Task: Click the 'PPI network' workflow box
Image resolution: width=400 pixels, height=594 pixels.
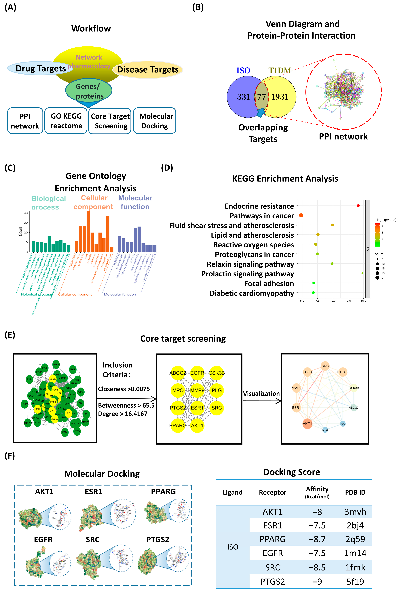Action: click(25, 121)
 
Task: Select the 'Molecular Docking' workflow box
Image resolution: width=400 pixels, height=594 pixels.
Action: click(155, 121)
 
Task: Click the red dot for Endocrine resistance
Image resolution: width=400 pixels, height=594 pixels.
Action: click(358, 206)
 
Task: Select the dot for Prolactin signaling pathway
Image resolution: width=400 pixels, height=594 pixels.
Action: click(362, 273)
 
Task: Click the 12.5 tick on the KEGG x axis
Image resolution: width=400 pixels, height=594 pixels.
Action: click(348, 301)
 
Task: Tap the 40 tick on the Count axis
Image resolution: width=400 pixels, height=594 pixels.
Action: click(26, 213)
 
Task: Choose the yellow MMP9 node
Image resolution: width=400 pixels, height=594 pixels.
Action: click(197, 390)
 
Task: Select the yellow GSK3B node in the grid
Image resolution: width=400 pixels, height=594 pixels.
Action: click(217, 373)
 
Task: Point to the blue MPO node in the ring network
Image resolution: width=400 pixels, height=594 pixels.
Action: click(325, 430)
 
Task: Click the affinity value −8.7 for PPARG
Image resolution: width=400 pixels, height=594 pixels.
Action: click(317, 539)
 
